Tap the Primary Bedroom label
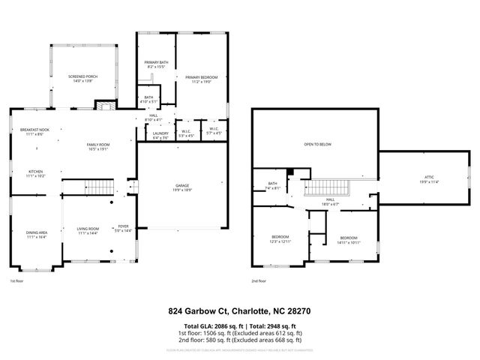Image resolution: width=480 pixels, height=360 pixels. [201, 79]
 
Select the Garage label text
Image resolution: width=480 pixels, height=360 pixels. [180, 189]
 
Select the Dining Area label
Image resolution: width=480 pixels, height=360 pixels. [36, 235]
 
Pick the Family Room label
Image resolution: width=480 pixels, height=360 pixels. [98, 146]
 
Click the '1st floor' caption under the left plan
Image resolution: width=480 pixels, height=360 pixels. [17, 282]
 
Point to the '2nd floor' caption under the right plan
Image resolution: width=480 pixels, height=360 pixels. [259, 282]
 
